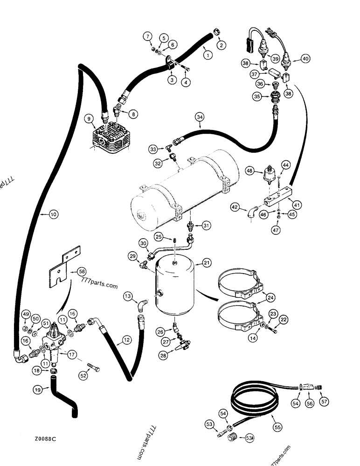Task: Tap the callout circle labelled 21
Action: [x=206, y=264]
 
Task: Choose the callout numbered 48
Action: [x=250, y=171]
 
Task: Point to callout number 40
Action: [x=305, y=59]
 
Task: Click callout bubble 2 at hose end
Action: [x=221, y=45]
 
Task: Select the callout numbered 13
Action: [x=127, y=295]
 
